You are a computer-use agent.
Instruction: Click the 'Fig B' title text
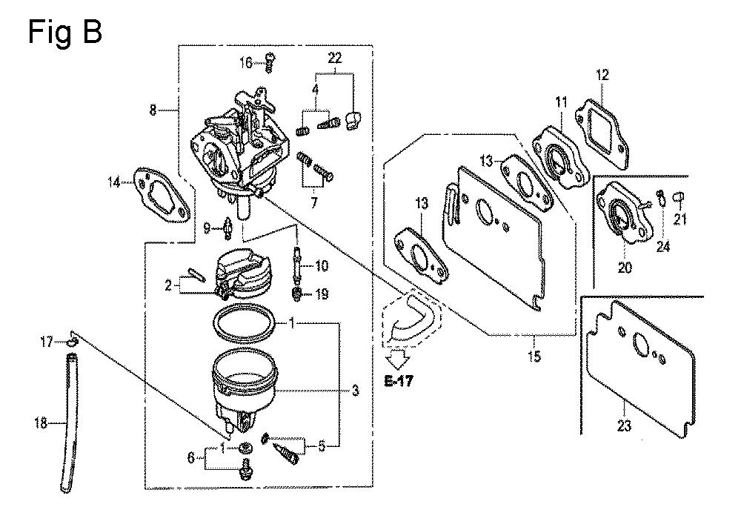(64, 32)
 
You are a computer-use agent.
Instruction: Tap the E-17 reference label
(399, 381)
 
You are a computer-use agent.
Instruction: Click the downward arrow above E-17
(397, 359)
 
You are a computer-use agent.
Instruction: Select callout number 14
(114, 182)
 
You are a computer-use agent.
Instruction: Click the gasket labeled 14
(162, 196)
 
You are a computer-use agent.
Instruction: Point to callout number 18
(41, 422)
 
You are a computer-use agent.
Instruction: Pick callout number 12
(602, 75)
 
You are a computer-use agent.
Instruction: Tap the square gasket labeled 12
(602, 133)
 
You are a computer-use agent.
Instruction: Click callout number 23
(624, 425)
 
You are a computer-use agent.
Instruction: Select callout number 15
(534, 357)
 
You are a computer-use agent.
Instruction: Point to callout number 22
(335, 58)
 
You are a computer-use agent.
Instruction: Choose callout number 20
(625, 268)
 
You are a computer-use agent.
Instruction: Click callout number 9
(207, 229)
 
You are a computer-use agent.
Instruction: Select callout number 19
(322, 294)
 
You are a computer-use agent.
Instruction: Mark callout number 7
(314, 202)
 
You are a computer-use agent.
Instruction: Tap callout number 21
(679, 219)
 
